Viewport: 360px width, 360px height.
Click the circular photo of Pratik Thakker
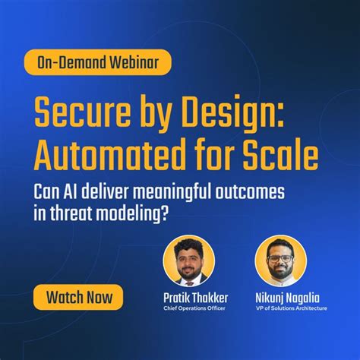188,260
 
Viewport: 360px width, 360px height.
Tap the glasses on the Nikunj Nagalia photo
280,254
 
